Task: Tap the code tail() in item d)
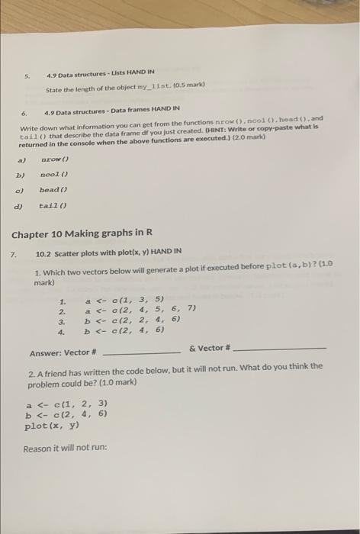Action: [x=53, y=205]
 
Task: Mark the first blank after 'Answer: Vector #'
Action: [x=141, y=352]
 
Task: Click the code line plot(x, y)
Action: [x=51, y=426]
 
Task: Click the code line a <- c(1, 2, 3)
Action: [x=66, y=404]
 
